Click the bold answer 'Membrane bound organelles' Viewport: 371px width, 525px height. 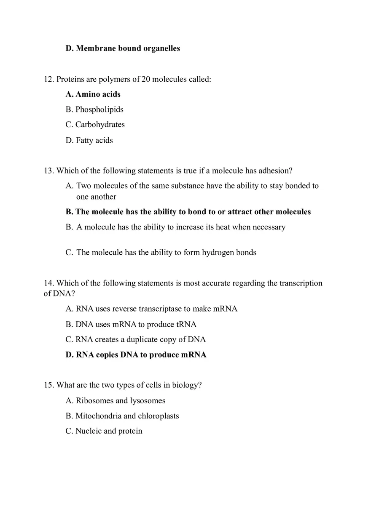click(128, 48)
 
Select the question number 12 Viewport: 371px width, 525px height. click(49, 79)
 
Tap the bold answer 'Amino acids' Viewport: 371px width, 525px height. click(98, 94)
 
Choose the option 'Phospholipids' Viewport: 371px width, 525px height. click(99, 109)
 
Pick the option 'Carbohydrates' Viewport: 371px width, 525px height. click(100, 125)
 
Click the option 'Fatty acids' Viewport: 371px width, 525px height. click(94, 141)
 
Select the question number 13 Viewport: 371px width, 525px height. click(49, 171)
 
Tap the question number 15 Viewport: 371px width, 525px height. click(49, 385)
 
